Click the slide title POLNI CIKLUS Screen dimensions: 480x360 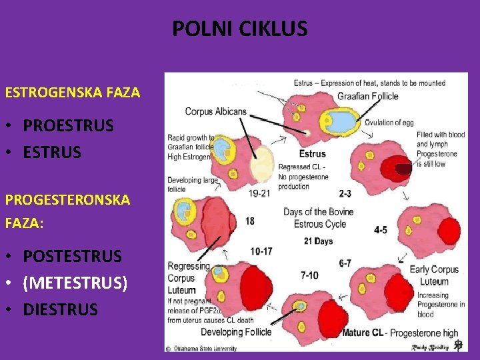click(x=240, y=29)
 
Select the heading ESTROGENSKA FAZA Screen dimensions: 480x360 click(x=73, y=93)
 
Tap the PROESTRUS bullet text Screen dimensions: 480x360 click(x=68, y=125)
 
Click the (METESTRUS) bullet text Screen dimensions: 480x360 click(x=75, y=283)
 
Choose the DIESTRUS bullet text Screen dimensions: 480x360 click(x=61, y=309)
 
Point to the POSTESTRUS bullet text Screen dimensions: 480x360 click(x=73, y=256)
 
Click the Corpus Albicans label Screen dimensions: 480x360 click(x=215, y=111)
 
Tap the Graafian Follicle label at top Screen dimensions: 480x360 click(x=368, y=96)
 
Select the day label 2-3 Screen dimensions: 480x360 click(x=345, y=194)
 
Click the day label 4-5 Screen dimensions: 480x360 click(x=380, y=230)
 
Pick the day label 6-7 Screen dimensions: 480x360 click(x=345, y=263)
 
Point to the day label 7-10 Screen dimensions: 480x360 click(x=310, y=275)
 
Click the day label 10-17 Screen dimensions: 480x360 click(x=261, y=251)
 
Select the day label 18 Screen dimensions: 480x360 click(x=249, y=221)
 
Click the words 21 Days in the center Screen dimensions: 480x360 click(x=318, y=241)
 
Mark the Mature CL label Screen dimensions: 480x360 click(x=363, y=333)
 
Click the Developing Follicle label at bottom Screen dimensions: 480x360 click(x=236, y=332)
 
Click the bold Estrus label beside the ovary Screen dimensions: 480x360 click(x=313, y=154)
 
